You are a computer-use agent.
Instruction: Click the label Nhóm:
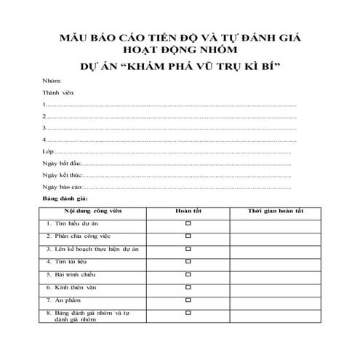pyautogui.click(x=52, y=81)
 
